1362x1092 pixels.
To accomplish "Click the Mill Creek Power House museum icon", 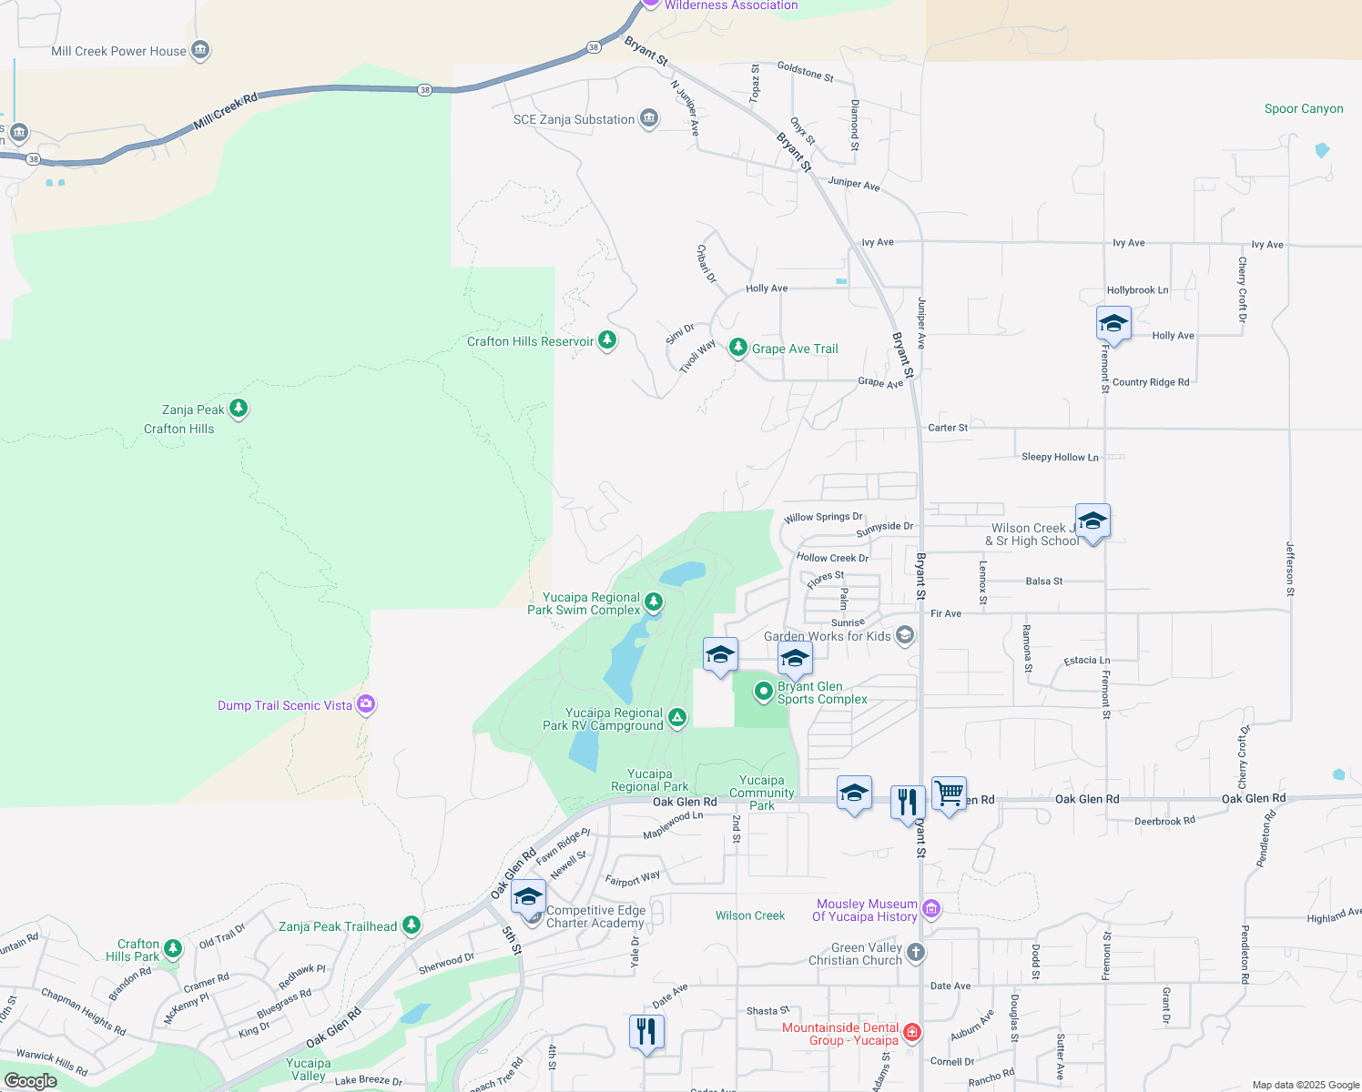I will coord(200,50).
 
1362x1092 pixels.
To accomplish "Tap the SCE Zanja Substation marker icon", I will coord(649,118).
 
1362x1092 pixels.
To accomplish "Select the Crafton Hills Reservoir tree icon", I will coord(607,340).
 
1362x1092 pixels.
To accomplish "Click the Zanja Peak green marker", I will coord(239,409).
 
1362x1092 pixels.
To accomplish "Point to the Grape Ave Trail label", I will coord(794,349).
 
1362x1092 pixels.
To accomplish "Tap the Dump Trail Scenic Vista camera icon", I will coord(366,704).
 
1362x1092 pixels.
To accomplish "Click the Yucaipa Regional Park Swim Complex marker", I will coord(654,602).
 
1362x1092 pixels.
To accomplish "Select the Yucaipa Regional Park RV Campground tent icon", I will coord(677,718).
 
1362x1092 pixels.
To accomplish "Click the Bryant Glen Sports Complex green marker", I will coord(764,692).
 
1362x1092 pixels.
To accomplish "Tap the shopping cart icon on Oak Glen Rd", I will coord(949,794).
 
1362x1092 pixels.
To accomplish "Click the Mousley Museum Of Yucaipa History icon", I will coord(930,908).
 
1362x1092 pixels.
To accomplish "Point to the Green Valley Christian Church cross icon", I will coord(916,953).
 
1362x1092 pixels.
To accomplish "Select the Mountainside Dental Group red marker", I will coord(912,1032).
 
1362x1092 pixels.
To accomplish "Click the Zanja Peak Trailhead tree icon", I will coord(412,925).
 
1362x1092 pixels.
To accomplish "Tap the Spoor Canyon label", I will coord(1303,108).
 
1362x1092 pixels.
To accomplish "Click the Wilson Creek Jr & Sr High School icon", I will coord(1093,522).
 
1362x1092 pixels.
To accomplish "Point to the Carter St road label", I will coord(948,428).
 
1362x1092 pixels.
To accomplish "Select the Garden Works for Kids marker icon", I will coord(905,635).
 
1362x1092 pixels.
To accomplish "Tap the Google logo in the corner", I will coord(30,1081).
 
